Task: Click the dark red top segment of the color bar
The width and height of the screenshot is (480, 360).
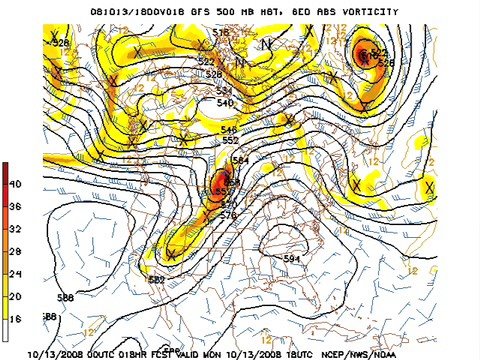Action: pyautogui.click(x=6, y=172)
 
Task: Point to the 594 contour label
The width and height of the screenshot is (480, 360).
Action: pyautogui.click(x=291, y=259)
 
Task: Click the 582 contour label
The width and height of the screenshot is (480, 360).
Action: pyautogui.click(x=156, y=279)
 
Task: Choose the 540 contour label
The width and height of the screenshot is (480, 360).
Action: pyautogui.click(x=225, y=103)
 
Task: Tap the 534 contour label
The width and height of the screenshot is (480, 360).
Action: pyautogui.click(x=224, y=91)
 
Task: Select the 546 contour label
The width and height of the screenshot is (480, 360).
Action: pyautogui.click(x=228, y=130)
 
